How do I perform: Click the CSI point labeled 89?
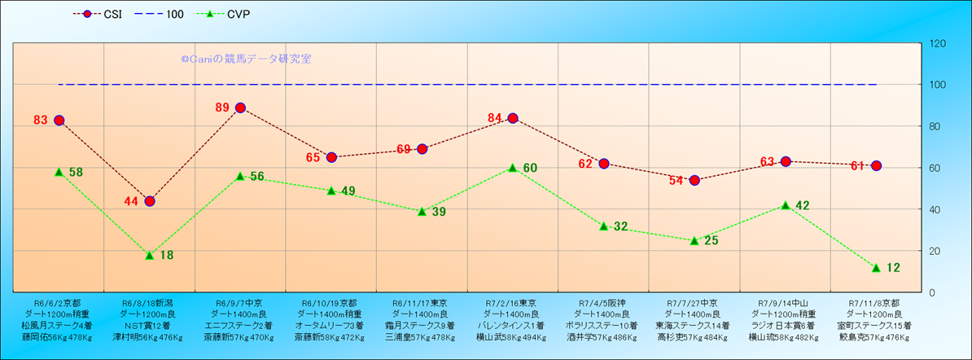[240, 108]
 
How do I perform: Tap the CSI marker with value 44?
[150, 201]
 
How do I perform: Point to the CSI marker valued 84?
[513, 118]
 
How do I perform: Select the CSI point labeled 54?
[694, 180]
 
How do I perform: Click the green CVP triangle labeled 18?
[150, 255]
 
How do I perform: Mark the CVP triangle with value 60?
[513, 168]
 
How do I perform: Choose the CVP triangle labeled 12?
[876, 267]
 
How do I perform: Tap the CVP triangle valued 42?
[786, 205]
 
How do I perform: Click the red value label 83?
[41, 121]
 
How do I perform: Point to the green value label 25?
[711, 241]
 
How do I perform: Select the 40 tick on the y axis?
[934, 209]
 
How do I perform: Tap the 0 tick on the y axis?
[931, 292]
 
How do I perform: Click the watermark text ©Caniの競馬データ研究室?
[246, 59]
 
